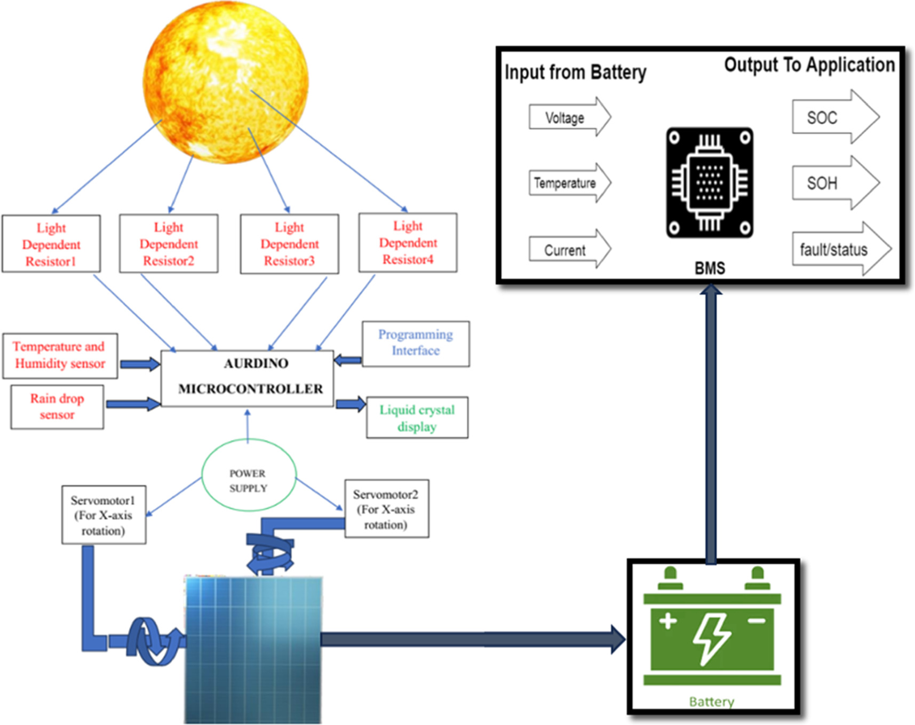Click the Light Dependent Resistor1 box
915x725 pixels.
51,244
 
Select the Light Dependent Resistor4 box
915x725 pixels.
408,243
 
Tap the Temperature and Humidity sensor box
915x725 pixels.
60,356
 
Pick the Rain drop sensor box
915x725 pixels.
57,407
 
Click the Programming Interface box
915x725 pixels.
416,343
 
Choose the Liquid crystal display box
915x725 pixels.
417,418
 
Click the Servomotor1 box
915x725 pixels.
104,515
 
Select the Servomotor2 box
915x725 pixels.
386,509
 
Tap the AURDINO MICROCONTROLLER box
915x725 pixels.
248,378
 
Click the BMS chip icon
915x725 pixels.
710,182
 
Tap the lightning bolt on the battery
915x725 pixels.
712,638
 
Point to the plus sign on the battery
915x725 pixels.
668,621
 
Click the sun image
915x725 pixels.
225,82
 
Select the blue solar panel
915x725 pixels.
253,650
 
